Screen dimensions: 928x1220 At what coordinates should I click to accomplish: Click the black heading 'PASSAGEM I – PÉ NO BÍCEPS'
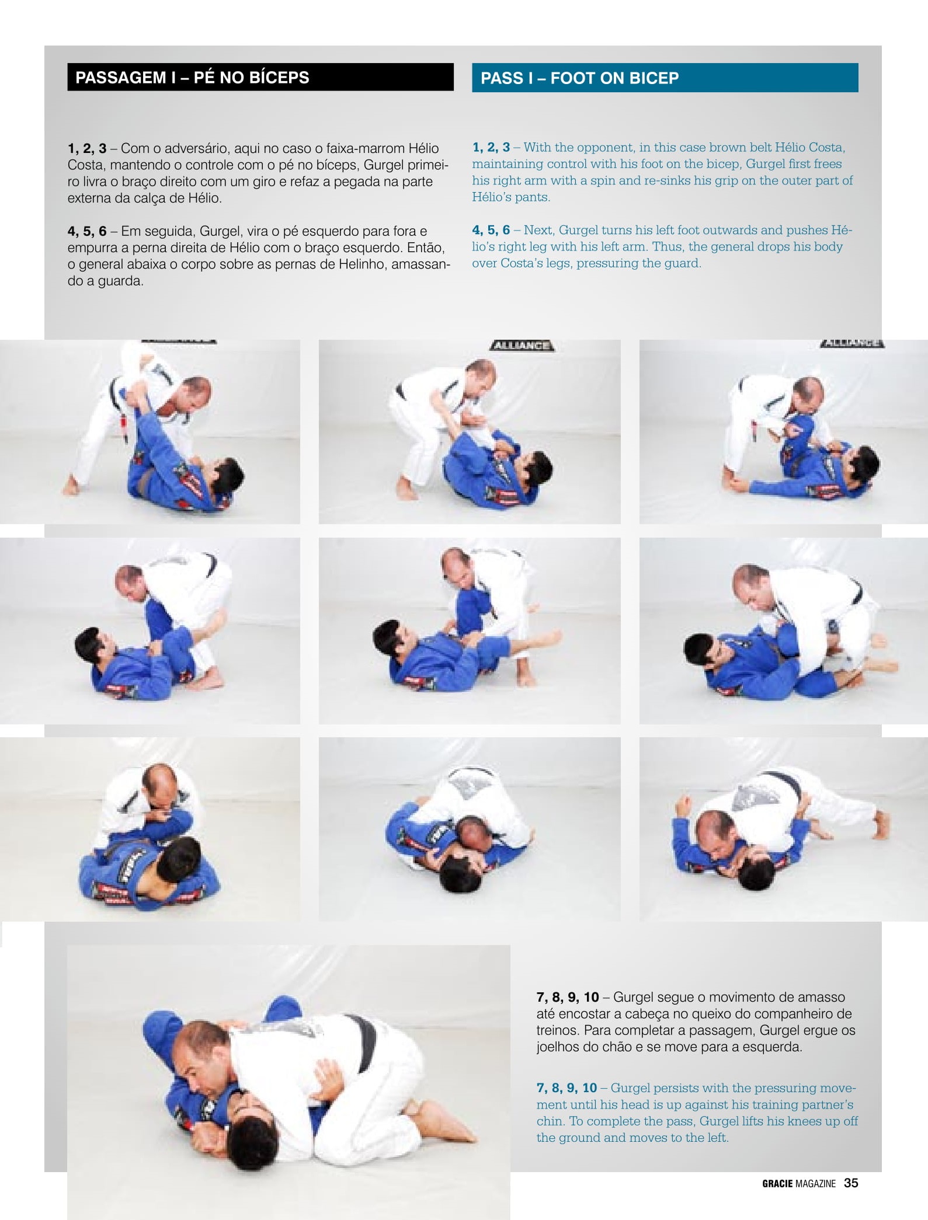[x=192, y=78]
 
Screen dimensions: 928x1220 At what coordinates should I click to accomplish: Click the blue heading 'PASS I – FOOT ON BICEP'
[x=579, y=78]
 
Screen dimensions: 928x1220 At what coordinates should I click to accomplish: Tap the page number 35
[x=851, y=1183]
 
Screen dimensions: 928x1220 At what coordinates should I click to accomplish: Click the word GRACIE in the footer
[x=777, y=1184]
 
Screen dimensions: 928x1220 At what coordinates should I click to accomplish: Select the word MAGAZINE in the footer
[x=816, y=1184]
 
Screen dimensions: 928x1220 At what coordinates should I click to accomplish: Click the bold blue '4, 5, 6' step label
[x=491, y=230]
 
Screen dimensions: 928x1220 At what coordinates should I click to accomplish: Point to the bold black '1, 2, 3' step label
[x=87, y=148]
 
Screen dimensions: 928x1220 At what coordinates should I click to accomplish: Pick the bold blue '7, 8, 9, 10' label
[x=566, y=1087]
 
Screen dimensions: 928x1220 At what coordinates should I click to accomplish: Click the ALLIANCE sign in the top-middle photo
[x=522, y=345]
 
